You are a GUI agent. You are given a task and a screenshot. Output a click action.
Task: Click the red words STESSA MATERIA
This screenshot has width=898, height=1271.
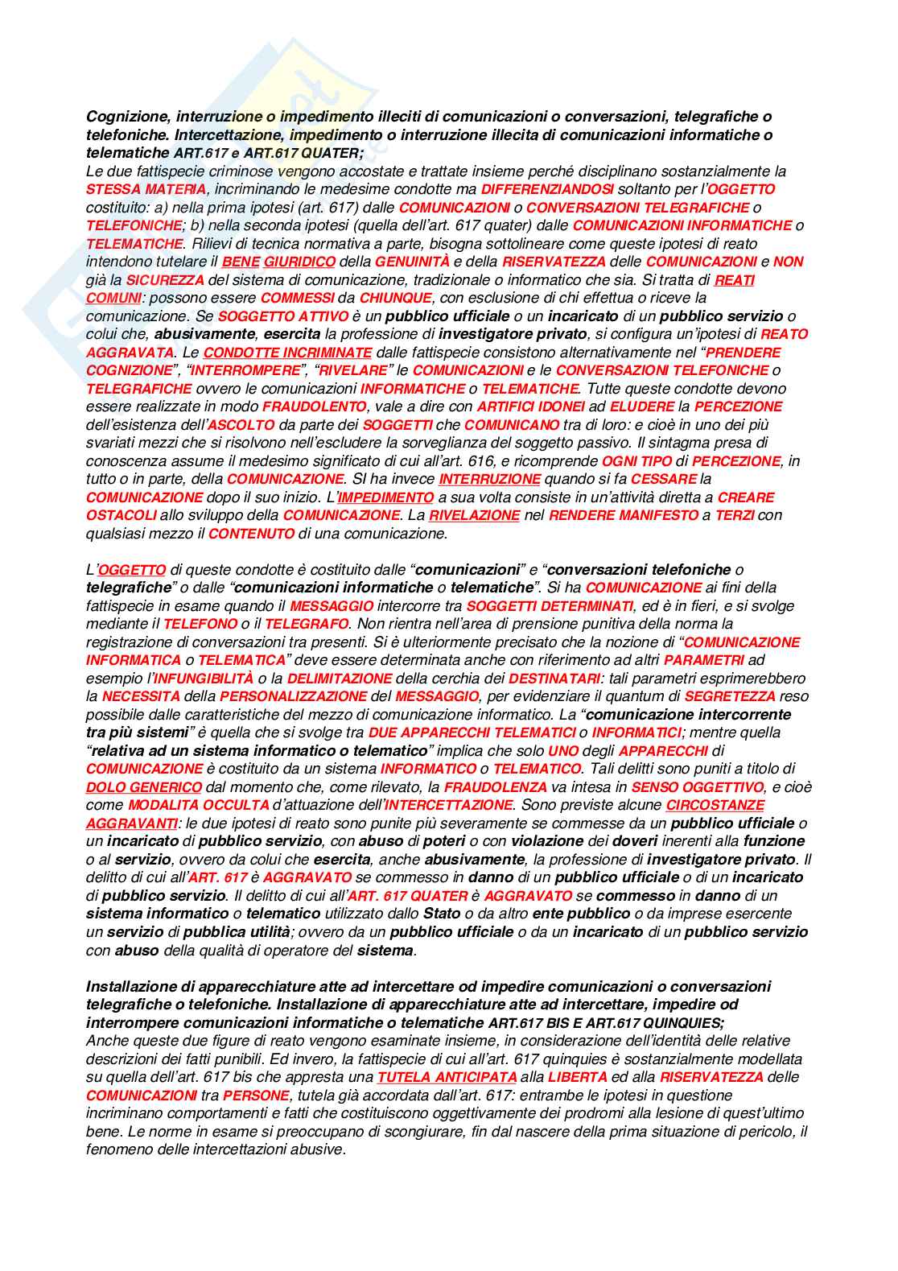pyautogui.click(x=146, y=189)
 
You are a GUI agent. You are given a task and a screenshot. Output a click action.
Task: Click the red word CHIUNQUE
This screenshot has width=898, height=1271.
pyautogui.click(x=395, y=298)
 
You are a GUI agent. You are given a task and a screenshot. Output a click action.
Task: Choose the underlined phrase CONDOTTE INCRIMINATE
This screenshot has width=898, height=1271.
pyautogui.click(x=287, y=353)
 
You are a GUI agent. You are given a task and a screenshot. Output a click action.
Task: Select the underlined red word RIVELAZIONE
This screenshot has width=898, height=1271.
pyautogui.click(x=474, y=515)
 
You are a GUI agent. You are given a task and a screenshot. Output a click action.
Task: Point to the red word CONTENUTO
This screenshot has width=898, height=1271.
pyautogui.click(x=251, y=534)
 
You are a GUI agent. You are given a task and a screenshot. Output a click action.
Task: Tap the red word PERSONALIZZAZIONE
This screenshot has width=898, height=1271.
pyautogui.click(x=293, y=696)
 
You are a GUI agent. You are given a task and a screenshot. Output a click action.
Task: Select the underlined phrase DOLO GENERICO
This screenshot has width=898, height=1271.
pyautogui.click(x=143, y=787)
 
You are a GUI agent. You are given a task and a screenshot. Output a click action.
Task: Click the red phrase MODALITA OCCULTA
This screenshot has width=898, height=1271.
pyautogui.click(x=198, y=805)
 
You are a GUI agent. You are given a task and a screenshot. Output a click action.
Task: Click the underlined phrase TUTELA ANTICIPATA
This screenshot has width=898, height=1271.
pyautogui.click(x=447, y=1077)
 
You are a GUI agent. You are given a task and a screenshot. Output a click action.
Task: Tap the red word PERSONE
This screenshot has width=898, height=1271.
pyautogui.click(x=256, y=1096)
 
